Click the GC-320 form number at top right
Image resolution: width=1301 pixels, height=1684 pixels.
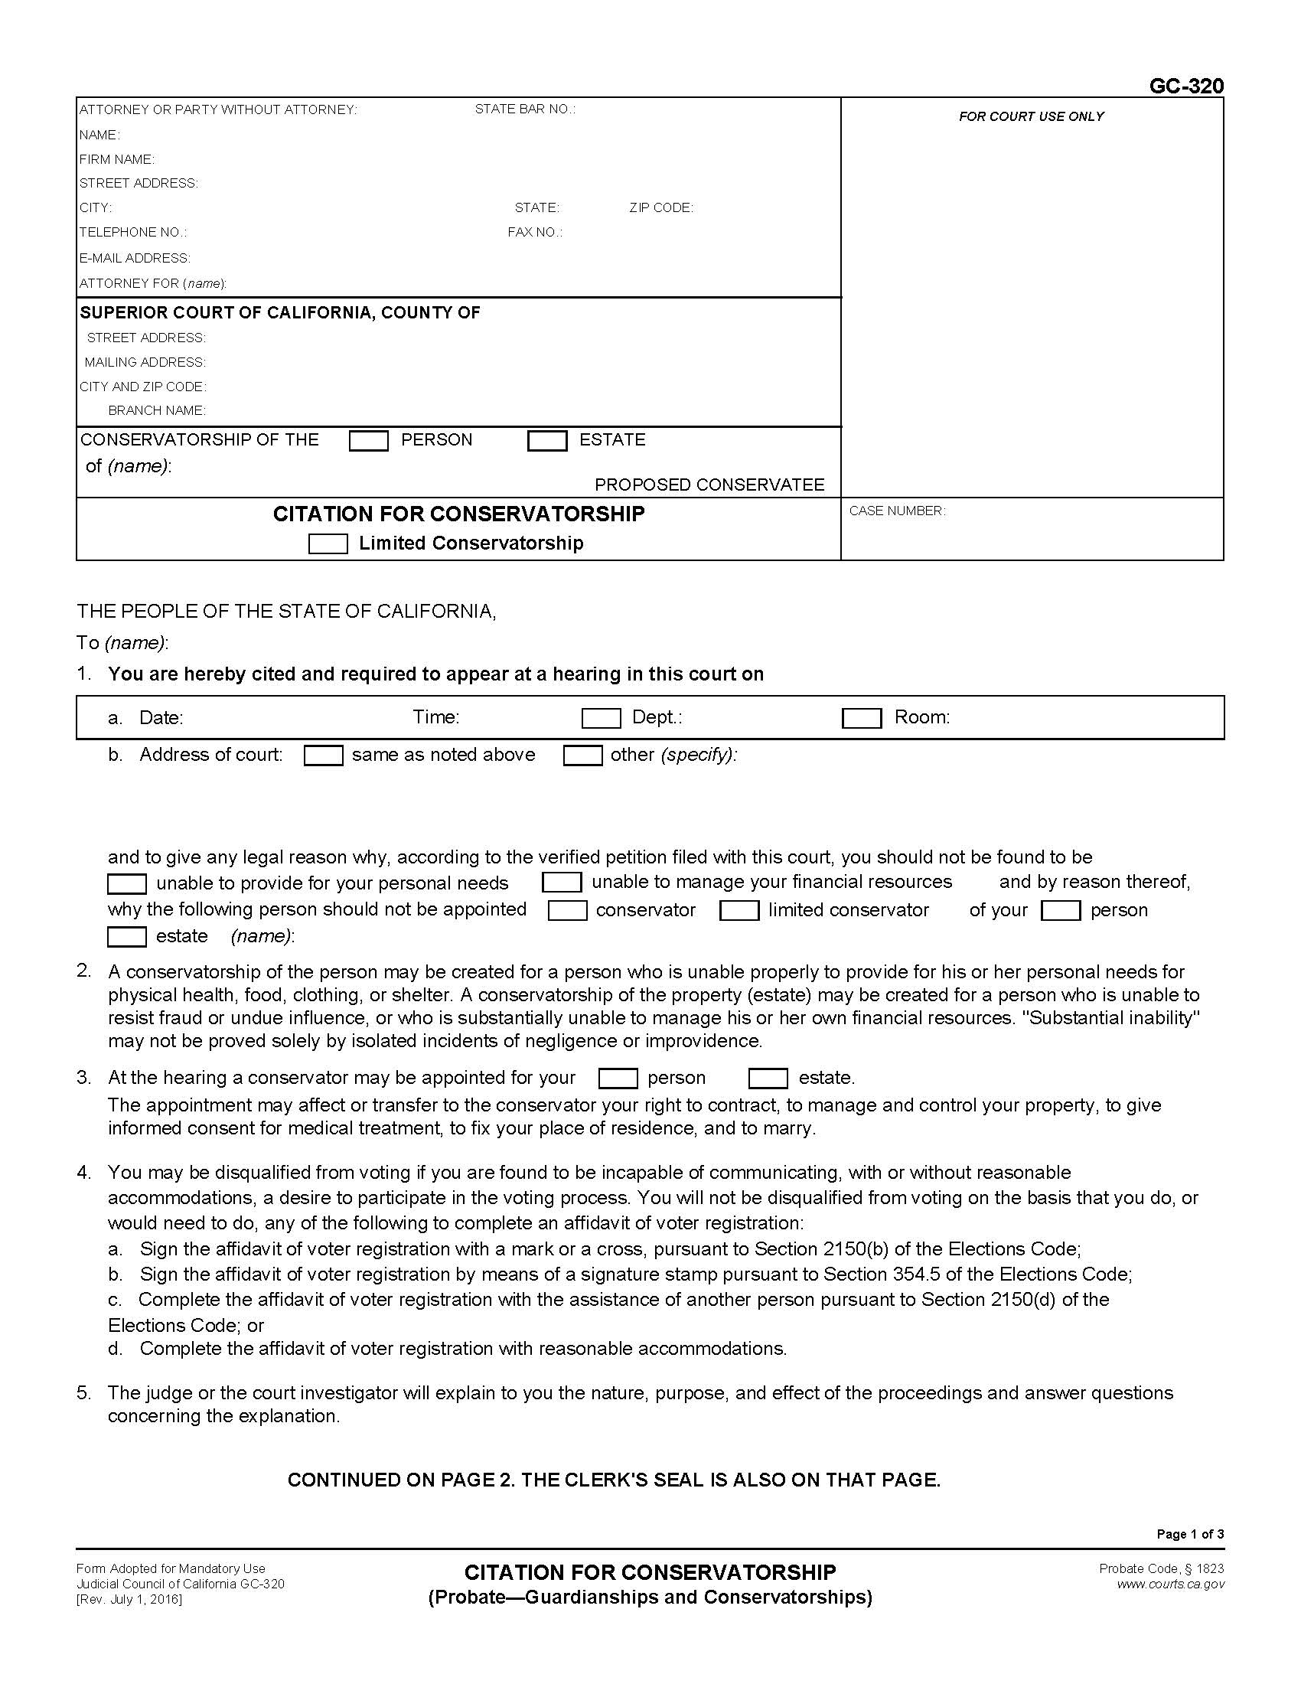(x=1185, y=86)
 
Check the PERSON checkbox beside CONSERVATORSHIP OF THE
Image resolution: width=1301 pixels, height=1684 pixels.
(x=368, y=441)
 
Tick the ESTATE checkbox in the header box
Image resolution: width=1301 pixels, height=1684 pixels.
(x=547, y=441)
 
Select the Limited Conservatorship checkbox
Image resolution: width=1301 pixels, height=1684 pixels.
(x=328, y=544)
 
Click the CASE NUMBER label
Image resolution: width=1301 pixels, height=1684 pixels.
(x=896, y=511)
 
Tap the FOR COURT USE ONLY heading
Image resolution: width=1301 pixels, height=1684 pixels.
(x=1031, y=116)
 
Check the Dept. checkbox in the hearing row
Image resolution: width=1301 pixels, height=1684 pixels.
(x=602, y=719)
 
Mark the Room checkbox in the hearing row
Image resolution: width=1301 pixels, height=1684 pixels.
(x=862, y=719)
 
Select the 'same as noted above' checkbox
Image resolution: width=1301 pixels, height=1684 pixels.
(x=323, y=756)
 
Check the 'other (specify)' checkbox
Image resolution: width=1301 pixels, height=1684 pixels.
(x=582, y=756)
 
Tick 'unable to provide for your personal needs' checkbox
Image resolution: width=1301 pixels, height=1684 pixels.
(x=127, y=883)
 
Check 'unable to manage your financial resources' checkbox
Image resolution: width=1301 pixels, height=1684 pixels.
(x=561, y=882)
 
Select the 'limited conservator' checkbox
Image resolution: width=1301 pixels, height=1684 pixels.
(x=739, y=911)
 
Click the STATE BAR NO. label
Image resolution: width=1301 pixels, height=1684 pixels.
(x=525, y=109)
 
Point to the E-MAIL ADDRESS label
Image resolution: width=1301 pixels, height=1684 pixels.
(x=135, y=258)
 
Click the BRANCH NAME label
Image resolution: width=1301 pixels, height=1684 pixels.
(x=156, y=411)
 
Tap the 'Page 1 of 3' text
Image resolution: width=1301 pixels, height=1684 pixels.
(x=1189, y=1535)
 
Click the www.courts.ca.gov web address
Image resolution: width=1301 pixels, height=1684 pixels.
(x=1170, y=1584)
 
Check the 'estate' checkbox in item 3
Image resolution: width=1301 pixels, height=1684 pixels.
(x=768, y=1078)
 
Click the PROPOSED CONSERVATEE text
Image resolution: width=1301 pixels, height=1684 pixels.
(x=709, y=485)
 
